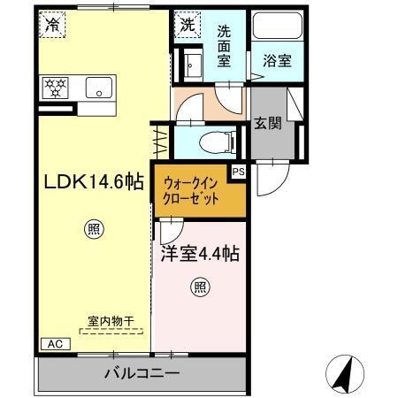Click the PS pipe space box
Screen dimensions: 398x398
238,172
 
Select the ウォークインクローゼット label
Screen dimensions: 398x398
191,191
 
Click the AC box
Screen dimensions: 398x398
53,343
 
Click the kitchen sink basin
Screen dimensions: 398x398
97,88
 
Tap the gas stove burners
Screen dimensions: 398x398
56,87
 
